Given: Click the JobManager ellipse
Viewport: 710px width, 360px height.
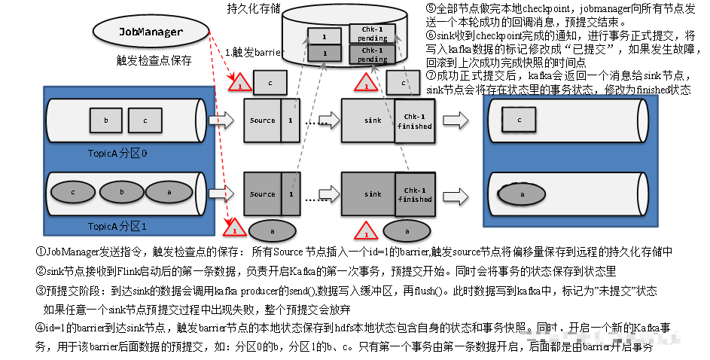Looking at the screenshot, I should point(151,32).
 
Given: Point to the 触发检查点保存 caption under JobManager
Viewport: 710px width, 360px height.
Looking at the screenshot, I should point(154,61).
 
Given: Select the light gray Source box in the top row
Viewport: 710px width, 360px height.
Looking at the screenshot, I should point(262,120).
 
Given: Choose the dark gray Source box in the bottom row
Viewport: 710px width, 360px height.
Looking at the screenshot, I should point(262,194).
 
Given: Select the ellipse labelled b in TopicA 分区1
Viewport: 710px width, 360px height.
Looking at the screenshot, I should point(122,192).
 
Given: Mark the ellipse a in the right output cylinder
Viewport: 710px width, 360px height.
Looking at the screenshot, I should point(520,194).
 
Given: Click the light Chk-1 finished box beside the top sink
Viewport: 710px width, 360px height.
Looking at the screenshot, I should point(415,120).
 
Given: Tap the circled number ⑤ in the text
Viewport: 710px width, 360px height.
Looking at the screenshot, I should point(431,10).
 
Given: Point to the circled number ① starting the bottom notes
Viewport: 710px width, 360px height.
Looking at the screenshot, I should point(41,252).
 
